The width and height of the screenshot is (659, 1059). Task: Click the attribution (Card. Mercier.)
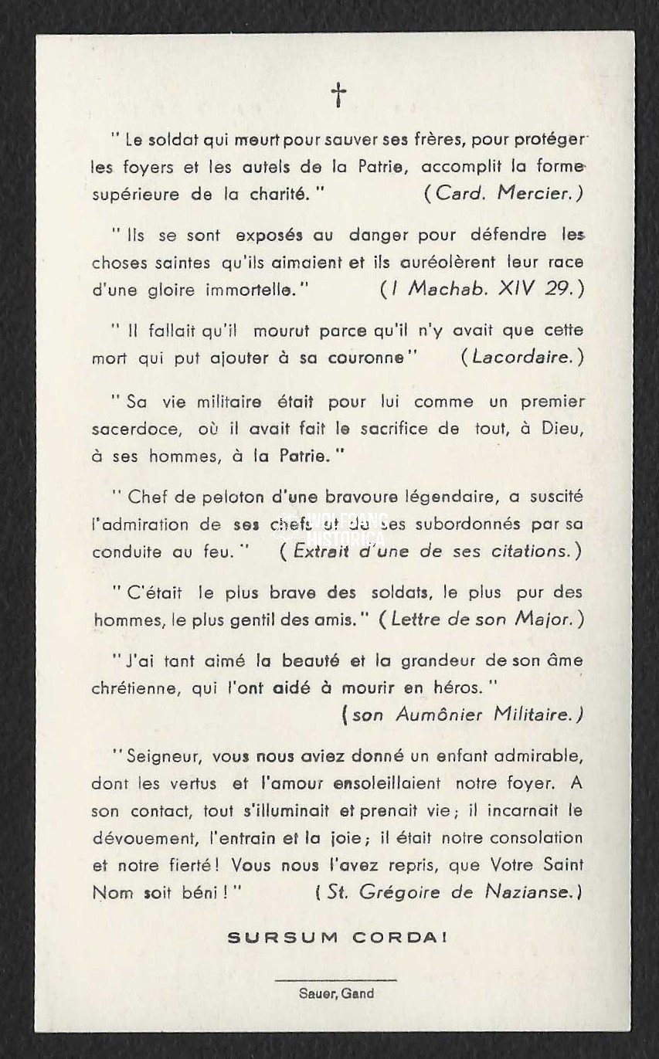(x=503, y=194)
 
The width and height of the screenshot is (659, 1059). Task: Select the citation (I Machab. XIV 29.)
(x=480, y=290)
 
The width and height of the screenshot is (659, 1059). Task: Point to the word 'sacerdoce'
(x=130, y=429)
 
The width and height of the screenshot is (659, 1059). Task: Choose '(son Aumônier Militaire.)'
(x=462, y=714)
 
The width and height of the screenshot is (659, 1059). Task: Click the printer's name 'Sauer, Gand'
(x=336, y=993)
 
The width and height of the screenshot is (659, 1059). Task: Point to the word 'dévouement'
(x=137, y=838)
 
